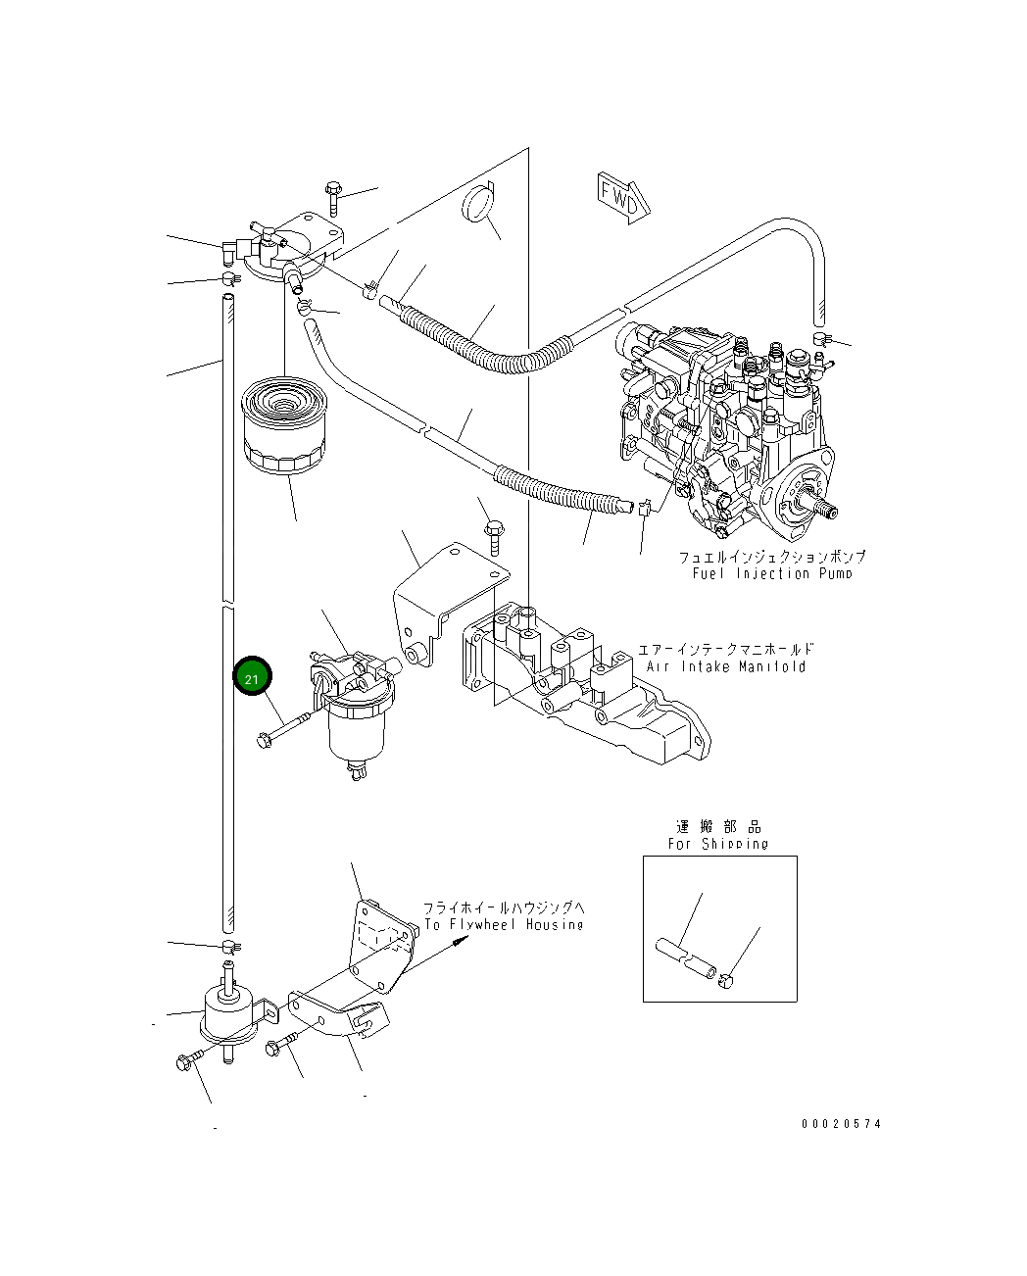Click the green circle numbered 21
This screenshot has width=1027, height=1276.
[252, 677]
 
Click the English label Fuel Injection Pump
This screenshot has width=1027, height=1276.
[765, 573]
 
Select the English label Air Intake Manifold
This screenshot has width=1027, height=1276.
[726, 666]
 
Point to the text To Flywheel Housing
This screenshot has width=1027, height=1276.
[504, 924]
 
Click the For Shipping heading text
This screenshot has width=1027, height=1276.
[718, 843]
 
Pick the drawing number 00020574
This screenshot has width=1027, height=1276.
[840, 1124]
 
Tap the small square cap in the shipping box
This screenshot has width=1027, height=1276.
[726, 983]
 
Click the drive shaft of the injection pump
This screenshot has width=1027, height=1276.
[824, 507]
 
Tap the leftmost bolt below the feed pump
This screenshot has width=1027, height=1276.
[187, 1061]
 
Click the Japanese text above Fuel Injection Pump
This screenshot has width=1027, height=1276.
[772, 556]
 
